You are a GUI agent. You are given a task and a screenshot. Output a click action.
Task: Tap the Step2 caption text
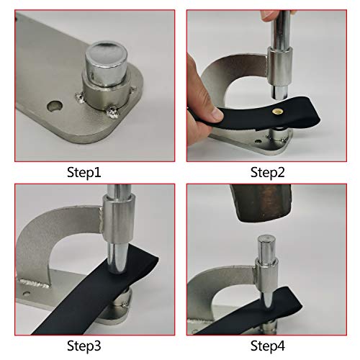[x=269, y=172]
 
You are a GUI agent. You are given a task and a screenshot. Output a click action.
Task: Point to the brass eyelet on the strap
[x=278, y=113]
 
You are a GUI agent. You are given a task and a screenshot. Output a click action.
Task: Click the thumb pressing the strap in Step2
[x=209, y=112]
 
